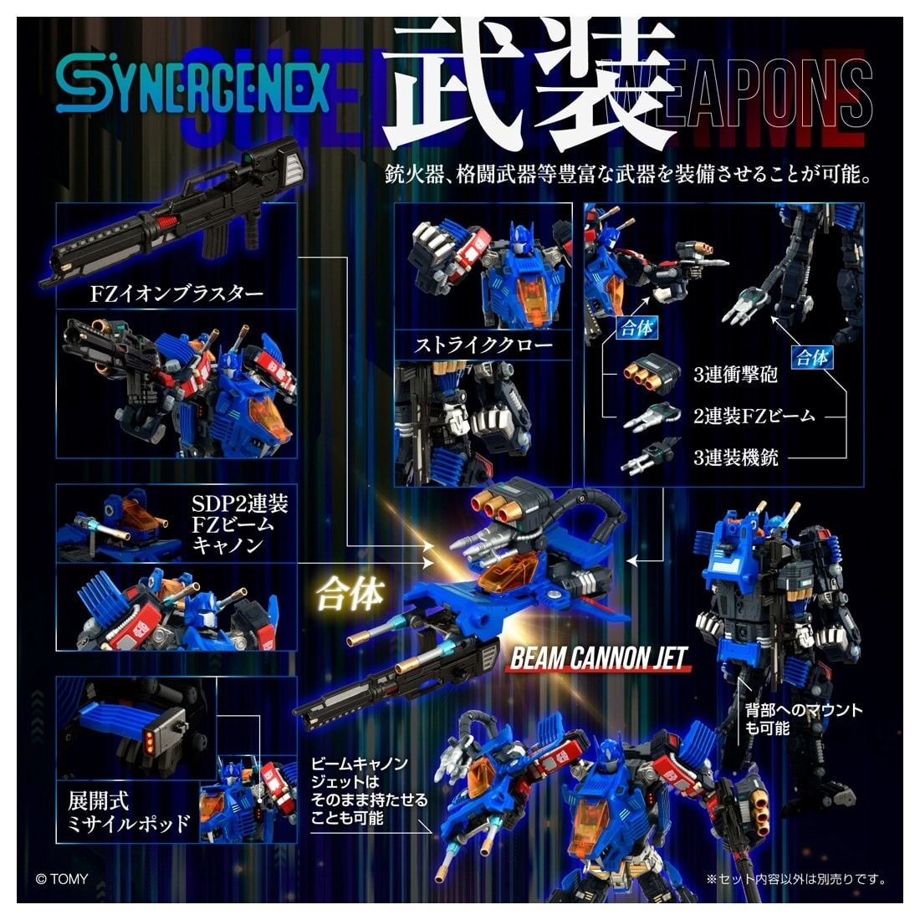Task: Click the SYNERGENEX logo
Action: pos(192,86)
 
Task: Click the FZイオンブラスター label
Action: pos(176,294)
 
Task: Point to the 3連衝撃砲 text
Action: pos(736,374)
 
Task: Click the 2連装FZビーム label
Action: pos(754,415)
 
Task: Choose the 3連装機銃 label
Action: pos(736,457)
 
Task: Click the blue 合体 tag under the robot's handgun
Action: pos(636,328)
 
